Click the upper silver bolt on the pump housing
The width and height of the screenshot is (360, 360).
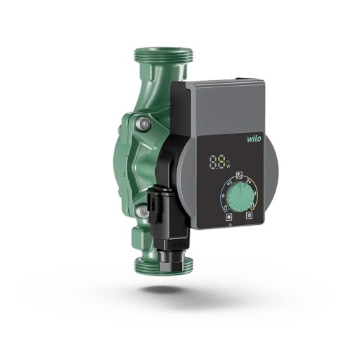pos(144,124)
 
